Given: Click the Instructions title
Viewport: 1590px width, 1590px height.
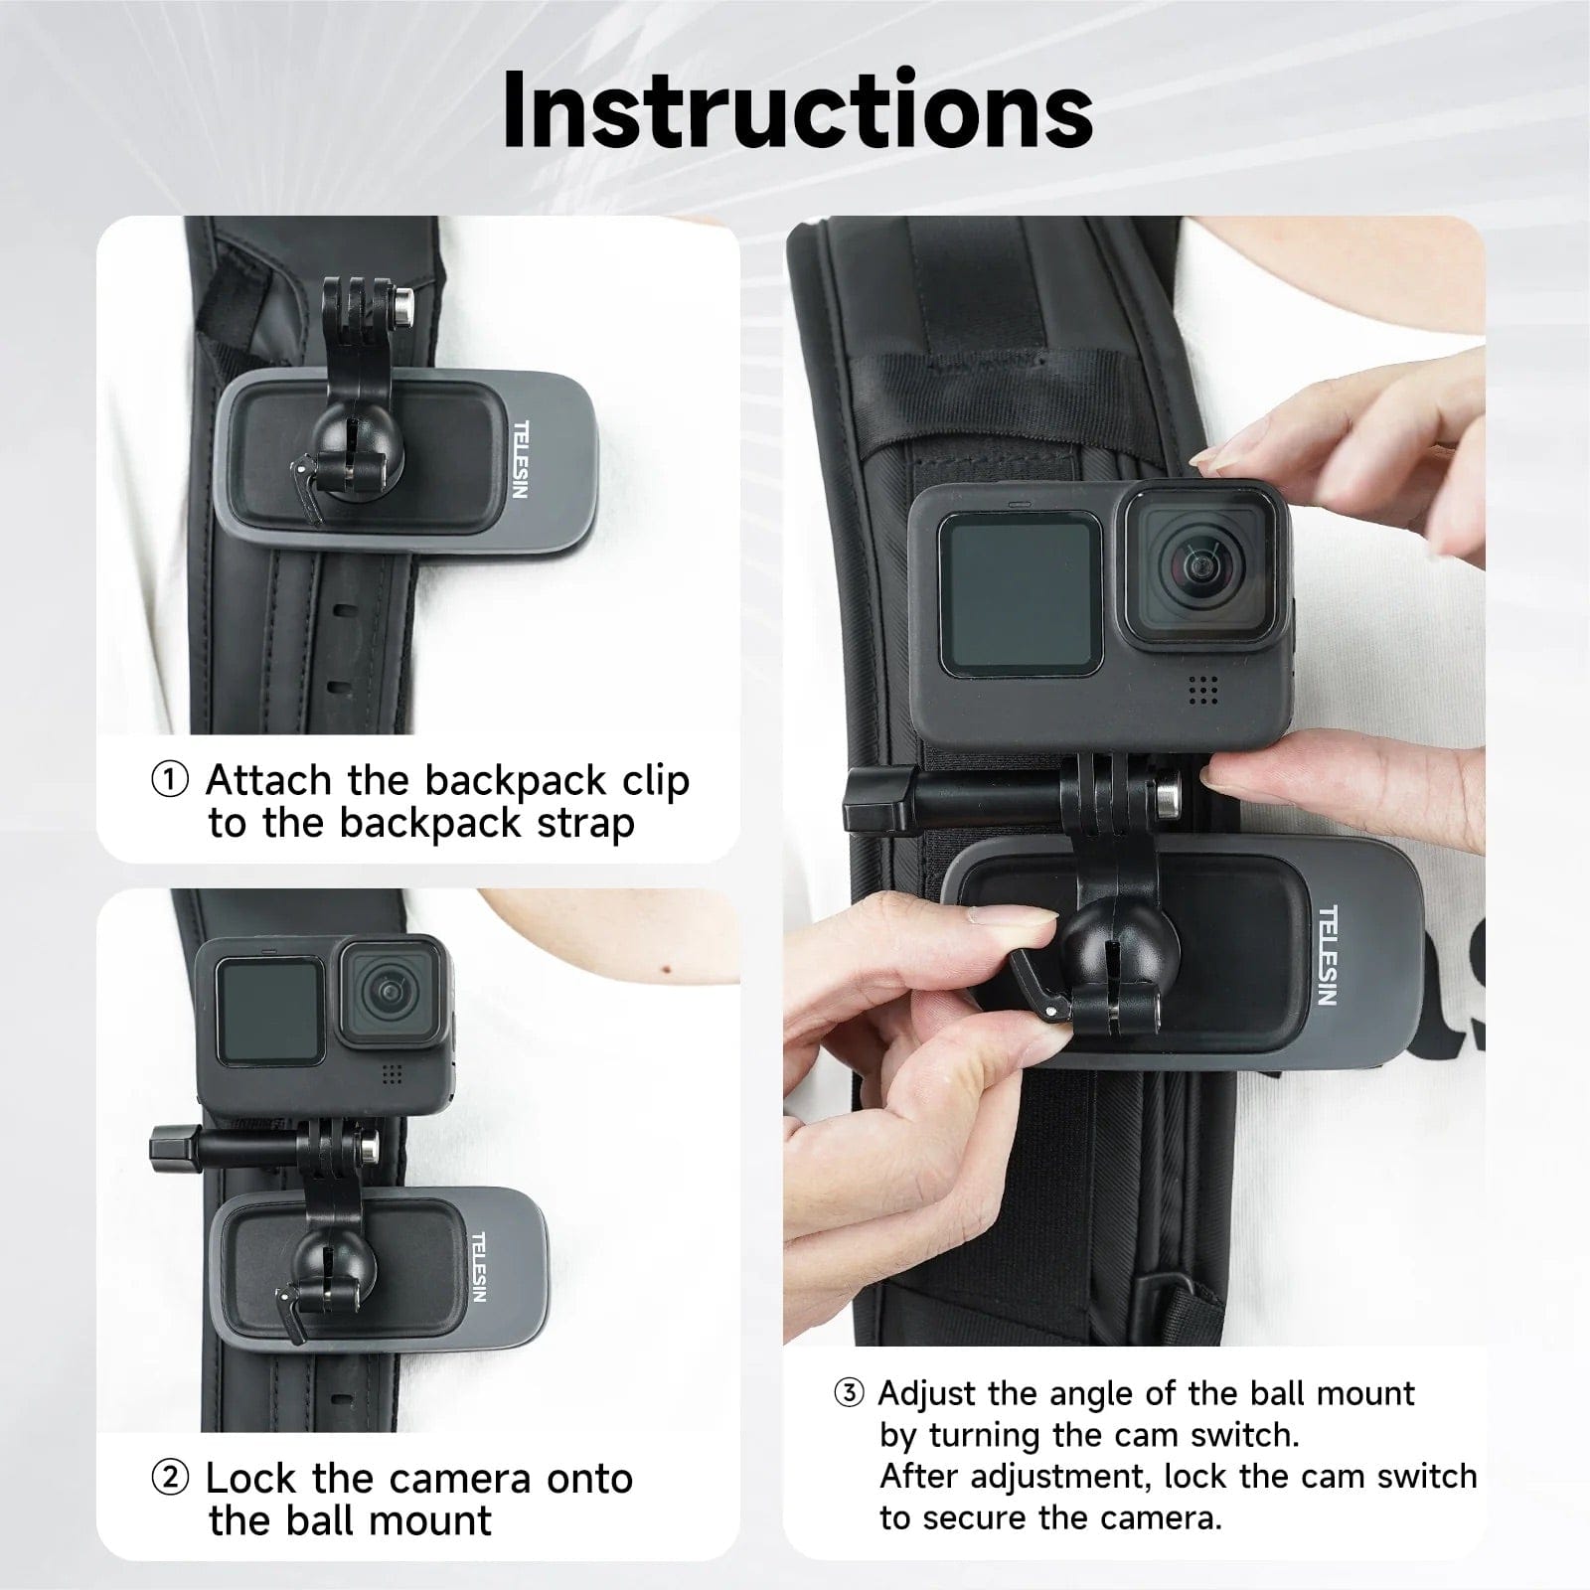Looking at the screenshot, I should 797,109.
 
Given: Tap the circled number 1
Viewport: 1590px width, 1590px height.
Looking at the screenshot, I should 170,781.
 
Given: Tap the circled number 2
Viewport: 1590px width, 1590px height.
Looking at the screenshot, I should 170,1478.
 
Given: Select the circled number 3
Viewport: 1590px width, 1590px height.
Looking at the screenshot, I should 849,1393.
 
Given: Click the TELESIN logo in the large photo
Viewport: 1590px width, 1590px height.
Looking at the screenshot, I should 1328,955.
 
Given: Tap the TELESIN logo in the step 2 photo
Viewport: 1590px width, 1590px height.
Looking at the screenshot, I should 478,1267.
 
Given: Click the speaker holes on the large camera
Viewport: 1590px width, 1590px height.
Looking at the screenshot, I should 1202,691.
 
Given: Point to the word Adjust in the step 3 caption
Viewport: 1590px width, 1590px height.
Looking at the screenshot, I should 926,1393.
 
